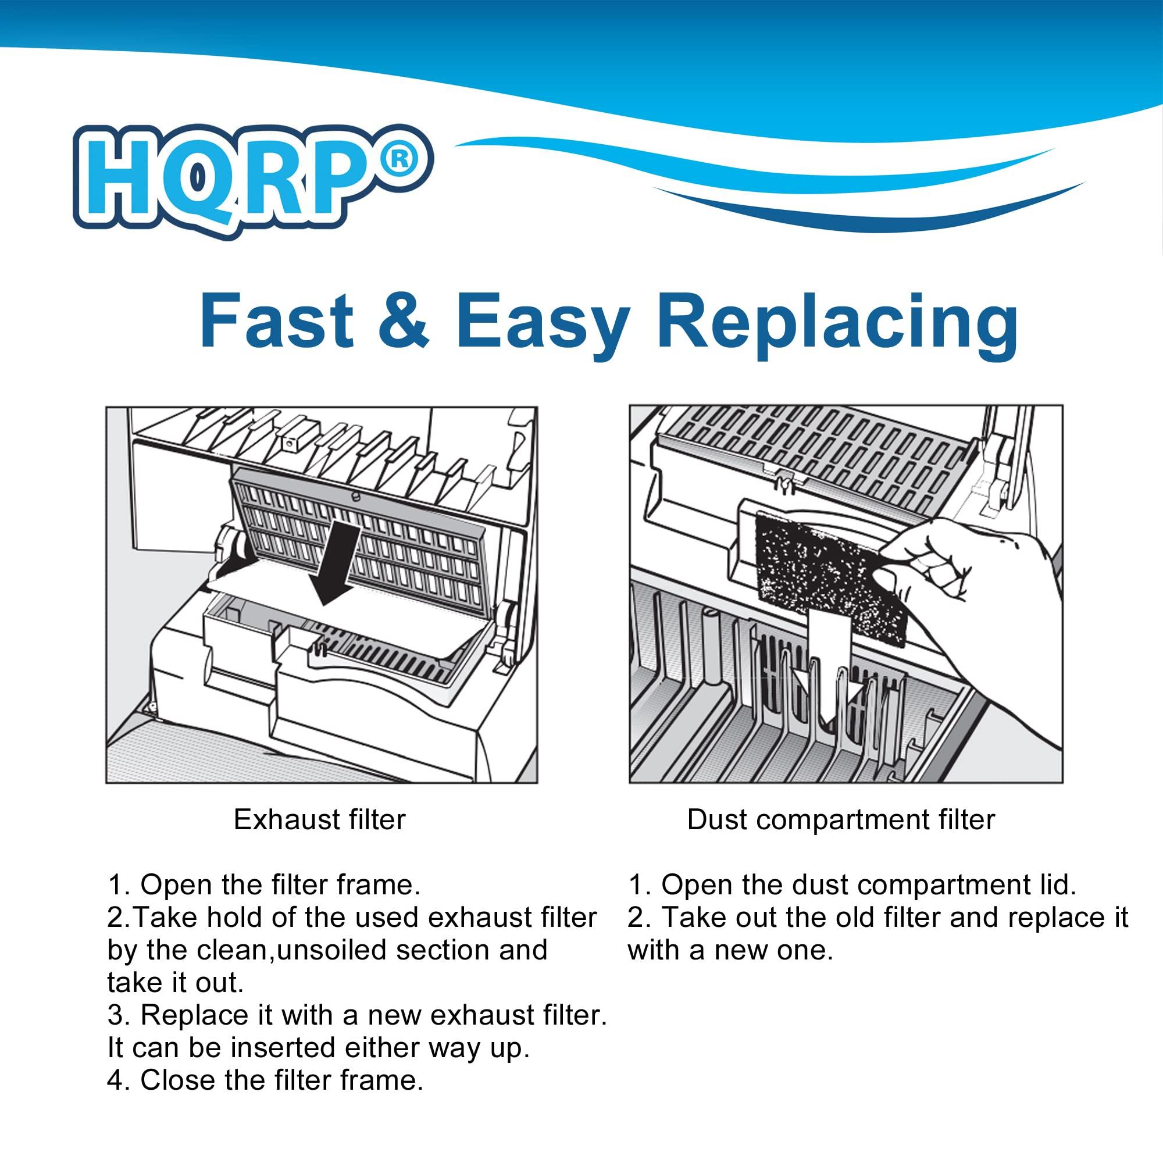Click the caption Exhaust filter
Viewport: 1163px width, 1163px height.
coord(320,820)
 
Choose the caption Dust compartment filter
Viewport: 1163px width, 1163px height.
coord(841,820)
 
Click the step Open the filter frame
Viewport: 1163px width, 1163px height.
coord(263,886)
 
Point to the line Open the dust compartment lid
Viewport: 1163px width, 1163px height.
coord(851,886)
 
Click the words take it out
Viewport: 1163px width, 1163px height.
coord(175,983)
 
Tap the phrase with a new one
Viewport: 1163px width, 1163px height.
coord(730,951)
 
